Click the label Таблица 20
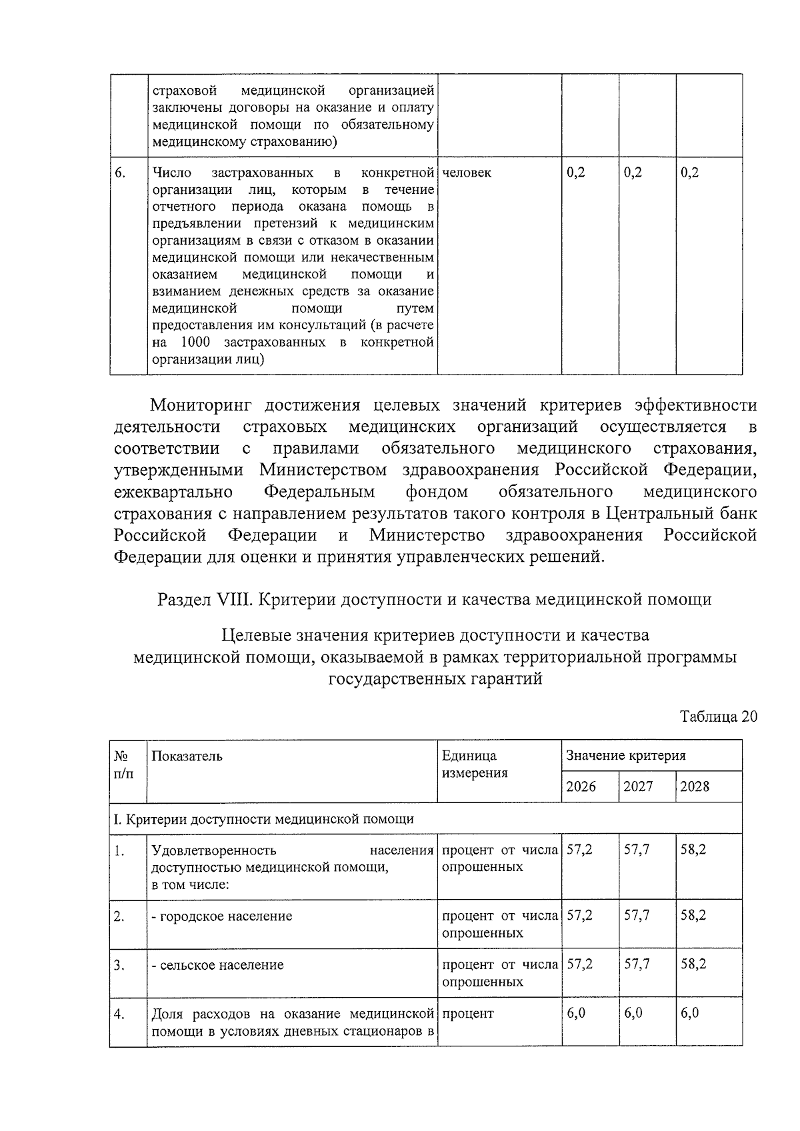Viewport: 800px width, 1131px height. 718,716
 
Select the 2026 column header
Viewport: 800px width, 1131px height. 581,786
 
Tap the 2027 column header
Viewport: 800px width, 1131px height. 638,786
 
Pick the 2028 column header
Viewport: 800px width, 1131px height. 695,786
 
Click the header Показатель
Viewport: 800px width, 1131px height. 187,756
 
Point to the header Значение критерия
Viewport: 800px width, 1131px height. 625,756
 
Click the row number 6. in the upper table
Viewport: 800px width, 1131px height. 120,173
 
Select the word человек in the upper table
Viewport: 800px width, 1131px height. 467,173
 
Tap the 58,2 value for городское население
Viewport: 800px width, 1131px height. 693,916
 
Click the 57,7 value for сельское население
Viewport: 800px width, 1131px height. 637,964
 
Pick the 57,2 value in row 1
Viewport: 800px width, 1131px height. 579,850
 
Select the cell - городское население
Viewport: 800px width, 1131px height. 222,916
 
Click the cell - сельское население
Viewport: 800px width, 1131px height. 218,965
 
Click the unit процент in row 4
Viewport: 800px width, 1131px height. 467,1014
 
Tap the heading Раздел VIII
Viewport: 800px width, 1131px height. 204,600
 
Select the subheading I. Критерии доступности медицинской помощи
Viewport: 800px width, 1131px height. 263,818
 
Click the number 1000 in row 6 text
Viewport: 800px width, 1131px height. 195,343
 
